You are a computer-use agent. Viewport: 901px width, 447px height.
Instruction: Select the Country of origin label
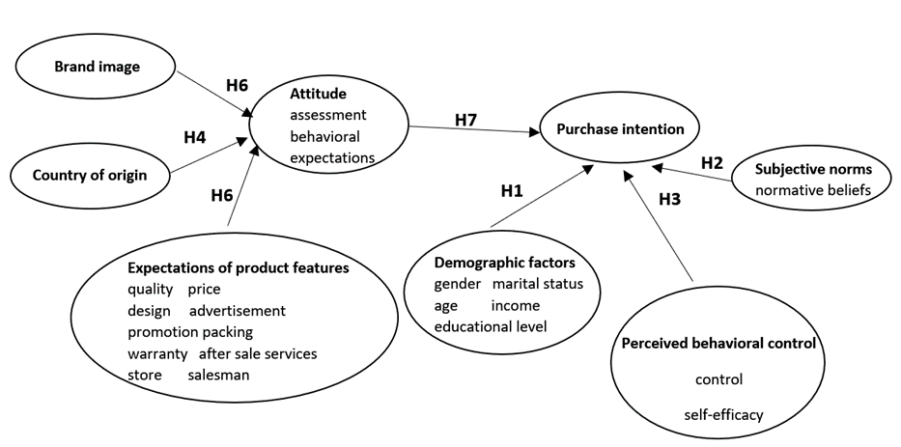pos(90,175)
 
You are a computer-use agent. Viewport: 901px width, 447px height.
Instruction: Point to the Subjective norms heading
pos(814,169)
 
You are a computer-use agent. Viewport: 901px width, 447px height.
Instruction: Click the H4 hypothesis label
pos(195,137)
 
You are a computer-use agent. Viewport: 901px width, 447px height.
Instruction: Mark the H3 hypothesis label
pos(669,199)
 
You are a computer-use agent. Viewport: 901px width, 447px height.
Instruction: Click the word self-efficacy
pos(722,415)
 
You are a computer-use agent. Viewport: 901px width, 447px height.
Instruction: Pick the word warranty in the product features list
pos(157,353)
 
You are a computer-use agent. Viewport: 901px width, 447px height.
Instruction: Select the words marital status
pos(545,284)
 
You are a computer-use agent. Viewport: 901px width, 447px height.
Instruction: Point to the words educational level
pos(491,326)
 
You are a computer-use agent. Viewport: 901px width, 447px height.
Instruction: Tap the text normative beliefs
pos(814,189)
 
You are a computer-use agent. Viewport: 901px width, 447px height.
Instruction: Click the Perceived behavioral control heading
pos(719,343)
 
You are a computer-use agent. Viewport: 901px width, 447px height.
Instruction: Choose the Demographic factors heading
pos(505,262)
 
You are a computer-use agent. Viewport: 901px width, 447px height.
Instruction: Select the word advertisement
pos(237,311)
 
